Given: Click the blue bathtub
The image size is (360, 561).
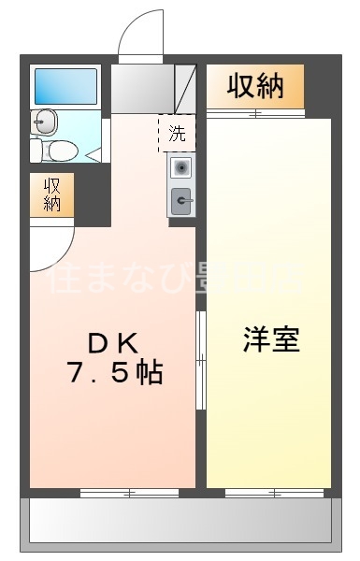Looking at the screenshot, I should click(x=65, y=85).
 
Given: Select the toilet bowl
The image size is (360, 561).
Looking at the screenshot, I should click(x=62, y=150).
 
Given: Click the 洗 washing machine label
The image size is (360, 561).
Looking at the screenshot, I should click(x=177, y=133).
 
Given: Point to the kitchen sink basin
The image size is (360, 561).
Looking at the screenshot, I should click(x=182, y=167).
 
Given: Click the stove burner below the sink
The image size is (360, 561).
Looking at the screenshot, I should click(x=182, y=198).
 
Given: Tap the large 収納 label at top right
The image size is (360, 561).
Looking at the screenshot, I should click(x=254, y=87).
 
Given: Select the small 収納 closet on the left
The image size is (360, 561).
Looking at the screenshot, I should click(x=51, y=194).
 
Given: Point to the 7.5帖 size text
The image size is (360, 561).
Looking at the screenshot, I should click(x=114, y=374).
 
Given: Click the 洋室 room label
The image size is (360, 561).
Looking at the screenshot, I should click(x=272, y=339).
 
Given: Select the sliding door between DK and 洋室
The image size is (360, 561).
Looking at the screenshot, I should click(x=200, y=360).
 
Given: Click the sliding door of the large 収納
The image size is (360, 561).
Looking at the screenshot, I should click(x=254, y=114).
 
